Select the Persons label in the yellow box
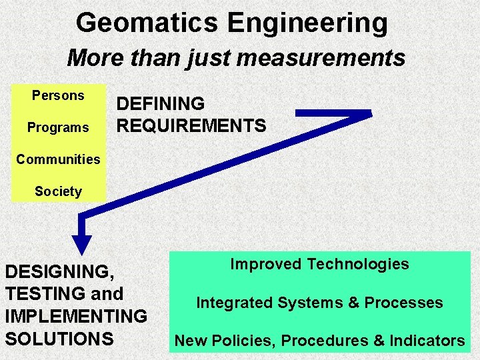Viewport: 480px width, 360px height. coord(58,95)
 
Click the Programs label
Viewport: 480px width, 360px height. coord(58,127)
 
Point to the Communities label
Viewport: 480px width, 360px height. coord(58,159)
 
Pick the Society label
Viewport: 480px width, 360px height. coord(58,191)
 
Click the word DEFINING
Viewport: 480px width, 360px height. coord(161,104)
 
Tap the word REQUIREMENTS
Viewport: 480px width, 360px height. coord(191,125)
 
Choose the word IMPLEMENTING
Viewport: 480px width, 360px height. coord(75,316)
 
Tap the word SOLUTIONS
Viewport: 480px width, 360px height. coord(59,338)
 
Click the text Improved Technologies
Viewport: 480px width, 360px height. coord(319,264)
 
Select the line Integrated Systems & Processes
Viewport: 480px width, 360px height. coord(319,303)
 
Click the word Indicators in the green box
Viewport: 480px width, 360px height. coord(427,341)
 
